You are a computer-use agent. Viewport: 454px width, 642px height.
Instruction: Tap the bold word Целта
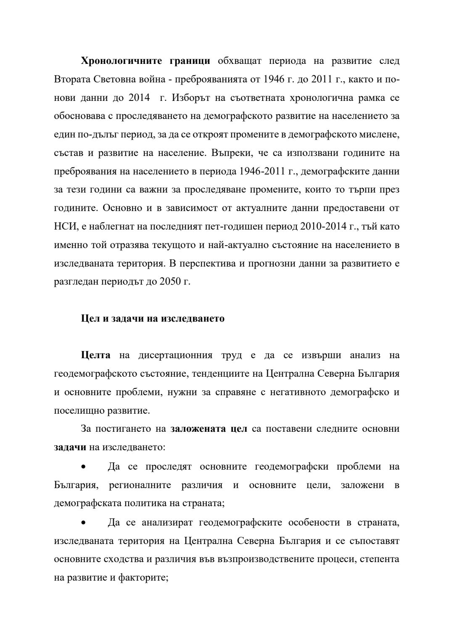(95, 355)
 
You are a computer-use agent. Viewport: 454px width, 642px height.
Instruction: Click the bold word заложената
(196, 429)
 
